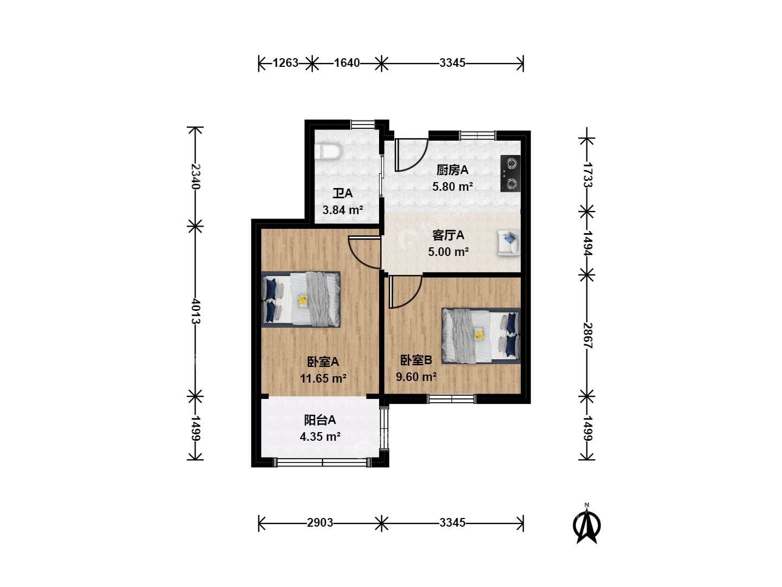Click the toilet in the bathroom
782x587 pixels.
(x=328, y=152)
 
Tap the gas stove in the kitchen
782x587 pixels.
(x=510, y=173)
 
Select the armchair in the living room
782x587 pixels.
(x=509, y=243)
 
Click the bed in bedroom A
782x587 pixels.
(x=301, y=299)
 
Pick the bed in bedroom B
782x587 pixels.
(x=481, y=336)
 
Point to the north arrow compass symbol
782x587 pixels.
(x=586, y=523)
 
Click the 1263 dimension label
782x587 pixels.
(x=285, y=63)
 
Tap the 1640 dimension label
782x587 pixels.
(x=346, y=63)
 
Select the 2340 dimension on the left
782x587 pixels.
(x=195, y=177)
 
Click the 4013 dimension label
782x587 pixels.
(x=195, y=311)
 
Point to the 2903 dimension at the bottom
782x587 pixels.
(x=320, y=523)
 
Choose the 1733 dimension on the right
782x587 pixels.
(x=587, y=175)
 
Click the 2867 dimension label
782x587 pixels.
(x=587, y=335)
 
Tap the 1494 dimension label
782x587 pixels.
(x=587, y=243)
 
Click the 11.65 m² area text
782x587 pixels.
(x=323, y=378)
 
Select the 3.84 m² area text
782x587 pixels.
(x=343, y=210)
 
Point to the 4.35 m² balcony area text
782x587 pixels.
(x=320, y=436)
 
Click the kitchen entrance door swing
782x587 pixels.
(x=411, y=155)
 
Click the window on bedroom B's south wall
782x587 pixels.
(x=451, y=399)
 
